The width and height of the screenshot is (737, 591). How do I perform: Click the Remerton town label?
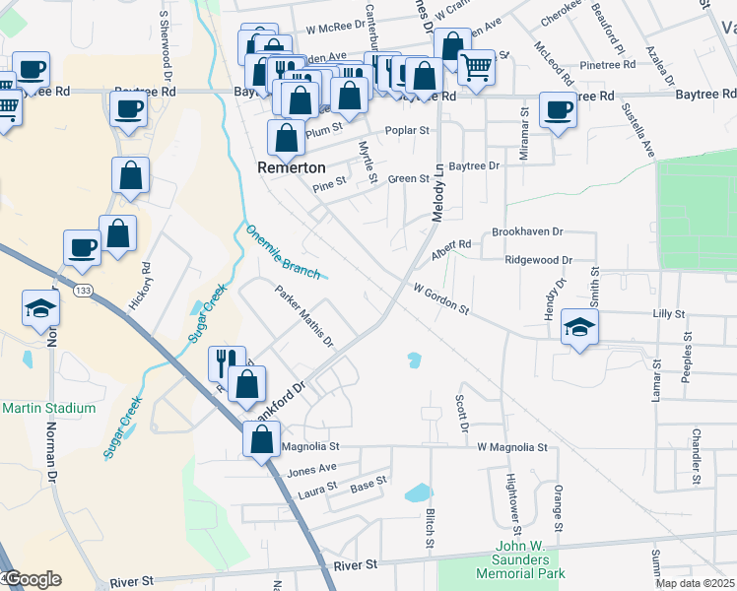[x=292, y=167]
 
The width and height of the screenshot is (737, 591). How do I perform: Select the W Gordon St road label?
[x=440, y=299]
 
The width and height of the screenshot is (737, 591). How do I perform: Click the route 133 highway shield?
[x=83, y=290]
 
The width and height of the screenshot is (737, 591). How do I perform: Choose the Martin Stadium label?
[x=49, y=408]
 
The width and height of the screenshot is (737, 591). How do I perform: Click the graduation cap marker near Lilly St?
[x=579, y=326]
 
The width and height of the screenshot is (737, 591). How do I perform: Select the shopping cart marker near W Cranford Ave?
[x=476, y=68]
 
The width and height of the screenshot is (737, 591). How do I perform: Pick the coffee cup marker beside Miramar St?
[x=558, y=109]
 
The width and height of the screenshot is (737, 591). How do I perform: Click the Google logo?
[x=32, y=579]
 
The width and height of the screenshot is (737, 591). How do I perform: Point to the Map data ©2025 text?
[x=695, y=583]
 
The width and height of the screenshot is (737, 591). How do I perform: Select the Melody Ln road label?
[x=437, y=192]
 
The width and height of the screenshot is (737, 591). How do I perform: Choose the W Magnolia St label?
[x=511, y=447]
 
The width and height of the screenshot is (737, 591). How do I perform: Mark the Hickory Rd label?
[x=146, y=282]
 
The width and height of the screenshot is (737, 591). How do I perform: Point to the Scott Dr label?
[x=460, y=414]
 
